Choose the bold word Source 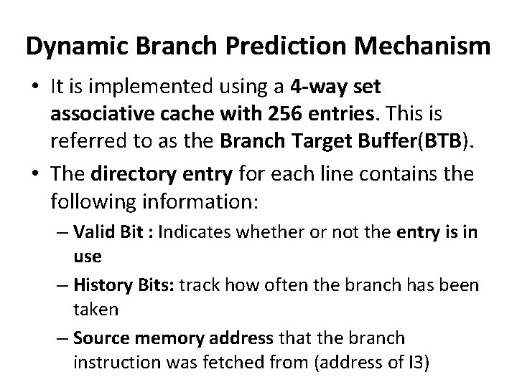click(x=97, y=338)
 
